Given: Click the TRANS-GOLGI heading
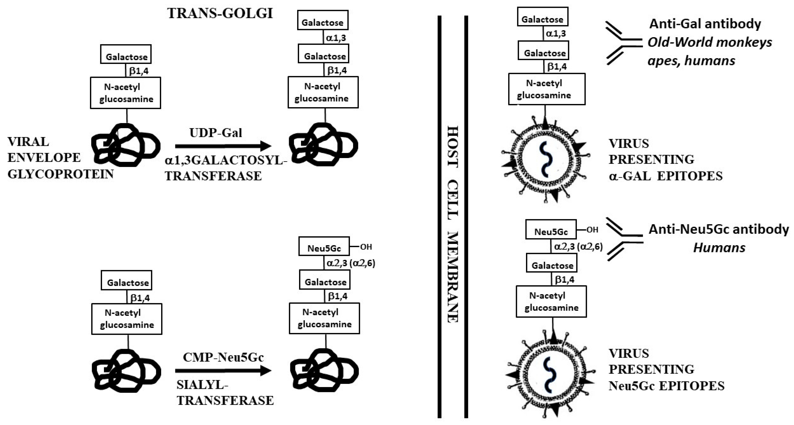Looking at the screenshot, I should [x=220, y=13].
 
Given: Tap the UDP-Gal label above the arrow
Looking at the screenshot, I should [x=216, y=133].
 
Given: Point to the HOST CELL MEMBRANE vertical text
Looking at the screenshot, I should [x=452, y=224].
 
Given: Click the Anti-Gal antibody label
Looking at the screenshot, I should [x=705, y=24].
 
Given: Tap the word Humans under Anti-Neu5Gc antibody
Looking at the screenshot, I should [x=719, y=248].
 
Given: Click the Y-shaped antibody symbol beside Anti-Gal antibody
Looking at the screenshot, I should [x=623, y=43].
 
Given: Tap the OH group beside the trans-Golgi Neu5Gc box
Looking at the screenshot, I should [x=366, y=247].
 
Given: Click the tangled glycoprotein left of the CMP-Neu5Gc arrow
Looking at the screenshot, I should [x=126, y=370].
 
